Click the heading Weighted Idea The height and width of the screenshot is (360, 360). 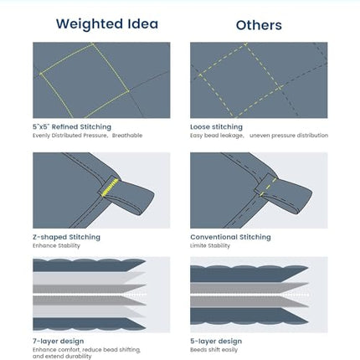click(x=107, y=23)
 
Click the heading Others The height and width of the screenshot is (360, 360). click(x=259, y=25)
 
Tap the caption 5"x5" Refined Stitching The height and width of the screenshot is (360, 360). click(x=72, y=127)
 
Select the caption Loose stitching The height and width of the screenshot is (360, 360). click(x=216, y=127)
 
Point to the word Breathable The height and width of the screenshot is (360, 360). click(x=127, y=136)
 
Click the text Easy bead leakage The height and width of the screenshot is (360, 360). click(x=217, y=136)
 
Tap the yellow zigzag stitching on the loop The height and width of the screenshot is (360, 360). click(x=110, y=188)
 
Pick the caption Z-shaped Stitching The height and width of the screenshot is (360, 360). click(x=66, y=237)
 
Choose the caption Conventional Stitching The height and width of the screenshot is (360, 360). click(x=230, y=237)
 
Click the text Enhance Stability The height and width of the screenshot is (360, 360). click(x=56, y=246)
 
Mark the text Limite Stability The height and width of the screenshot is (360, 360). click(x=210, y=246)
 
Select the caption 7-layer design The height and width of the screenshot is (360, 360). click(x=59, y=342)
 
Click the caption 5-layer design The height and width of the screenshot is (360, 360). click(x=216, y=342)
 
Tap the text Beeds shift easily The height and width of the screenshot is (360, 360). click(x=214, y=350)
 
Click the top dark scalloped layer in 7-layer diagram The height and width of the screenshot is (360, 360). click(x=89, y=265)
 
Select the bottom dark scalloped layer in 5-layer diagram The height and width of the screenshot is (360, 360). click(x=249, y=316)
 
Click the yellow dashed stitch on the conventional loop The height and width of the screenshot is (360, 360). click(x=268, y=187)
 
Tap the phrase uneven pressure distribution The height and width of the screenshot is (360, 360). click(x=289, y=136)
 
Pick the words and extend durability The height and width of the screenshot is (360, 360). click(x=62, y=357)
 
